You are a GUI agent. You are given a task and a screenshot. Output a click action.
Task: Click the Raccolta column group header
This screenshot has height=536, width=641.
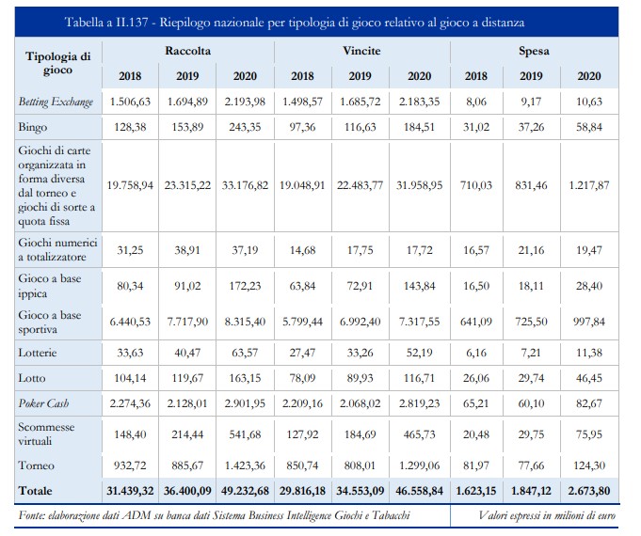click(x=187, y=51)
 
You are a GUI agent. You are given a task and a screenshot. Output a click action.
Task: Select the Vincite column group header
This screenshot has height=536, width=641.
click(x=361, y=51)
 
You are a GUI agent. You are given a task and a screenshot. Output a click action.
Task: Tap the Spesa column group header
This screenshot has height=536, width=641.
click(x=534, y=52)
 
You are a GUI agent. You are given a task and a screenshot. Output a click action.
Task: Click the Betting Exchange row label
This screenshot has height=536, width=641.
click(x=56, y=102)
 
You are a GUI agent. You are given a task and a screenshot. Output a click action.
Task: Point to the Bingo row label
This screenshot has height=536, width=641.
click(x=33, y=128)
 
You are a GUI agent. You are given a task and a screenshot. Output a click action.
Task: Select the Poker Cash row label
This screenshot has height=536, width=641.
click(x=43, y=403)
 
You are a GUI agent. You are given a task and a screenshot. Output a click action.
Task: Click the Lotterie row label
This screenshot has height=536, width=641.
click(x=38, y=353)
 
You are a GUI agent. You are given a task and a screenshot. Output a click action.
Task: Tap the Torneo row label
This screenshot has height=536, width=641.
click(x=36, y=465)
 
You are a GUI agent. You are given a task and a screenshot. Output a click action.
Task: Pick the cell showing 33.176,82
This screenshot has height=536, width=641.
click(x=245, y=185)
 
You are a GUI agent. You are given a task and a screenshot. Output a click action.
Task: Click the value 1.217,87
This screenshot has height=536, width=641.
click(x=589, y=185)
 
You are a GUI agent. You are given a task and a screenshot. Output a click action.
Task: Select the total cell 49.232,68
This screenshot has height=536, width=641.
click(x=245, y=491)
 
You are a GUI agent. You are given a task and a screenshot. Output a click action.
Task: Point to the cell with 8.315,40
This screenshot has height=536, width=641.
click(x=245, y=322)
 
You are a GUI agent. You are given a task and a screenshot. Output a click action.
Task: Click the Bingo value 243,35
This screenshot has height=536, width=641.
click(x=245, y=128)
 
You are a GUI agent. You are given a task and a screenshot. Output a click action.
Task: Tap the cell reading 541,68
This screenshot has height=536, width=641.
click(x=245, y=434)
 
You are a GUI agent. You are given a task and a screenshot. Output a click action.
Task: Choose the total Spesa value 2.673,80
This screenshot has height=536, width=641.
click(x=589, y=491)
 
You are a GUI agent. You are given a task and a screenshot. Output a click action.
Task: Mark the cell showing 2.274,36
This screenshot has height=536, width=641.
click(x=130, y=403)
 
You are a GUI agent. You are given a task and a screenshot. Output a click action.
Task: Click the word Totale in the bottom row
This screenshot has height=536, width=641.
click(x=35, y=491)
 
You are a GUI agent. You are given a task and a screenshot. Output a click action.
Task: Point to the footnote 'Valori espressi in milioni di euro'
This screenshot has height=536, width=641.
click(x=547, y=515)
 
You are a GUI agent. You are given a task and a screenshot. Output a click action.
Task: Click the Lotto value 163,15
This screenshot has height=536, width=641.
click(x=245, y=378)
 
